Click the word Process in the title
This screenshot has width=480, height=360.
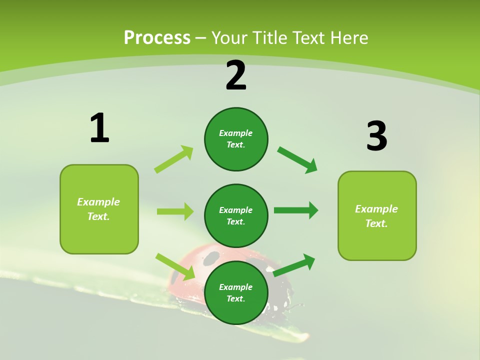157,38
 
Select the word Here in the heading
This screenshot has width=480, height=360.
348,38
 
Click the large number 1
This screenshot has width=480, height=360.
99,128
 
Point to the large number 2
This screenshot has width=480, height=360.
236,75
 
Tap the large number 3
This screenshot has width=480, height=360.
376,136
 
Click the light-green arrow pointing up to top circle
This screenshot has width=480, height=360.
174,159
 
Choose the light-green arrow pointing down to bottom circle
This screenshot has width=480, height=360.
175,266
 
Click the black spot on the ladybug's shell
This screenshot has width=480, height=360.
211,258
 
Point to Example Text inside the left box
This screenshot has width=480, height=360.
98,209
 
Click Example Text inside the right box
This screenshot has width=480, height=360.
376,216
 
